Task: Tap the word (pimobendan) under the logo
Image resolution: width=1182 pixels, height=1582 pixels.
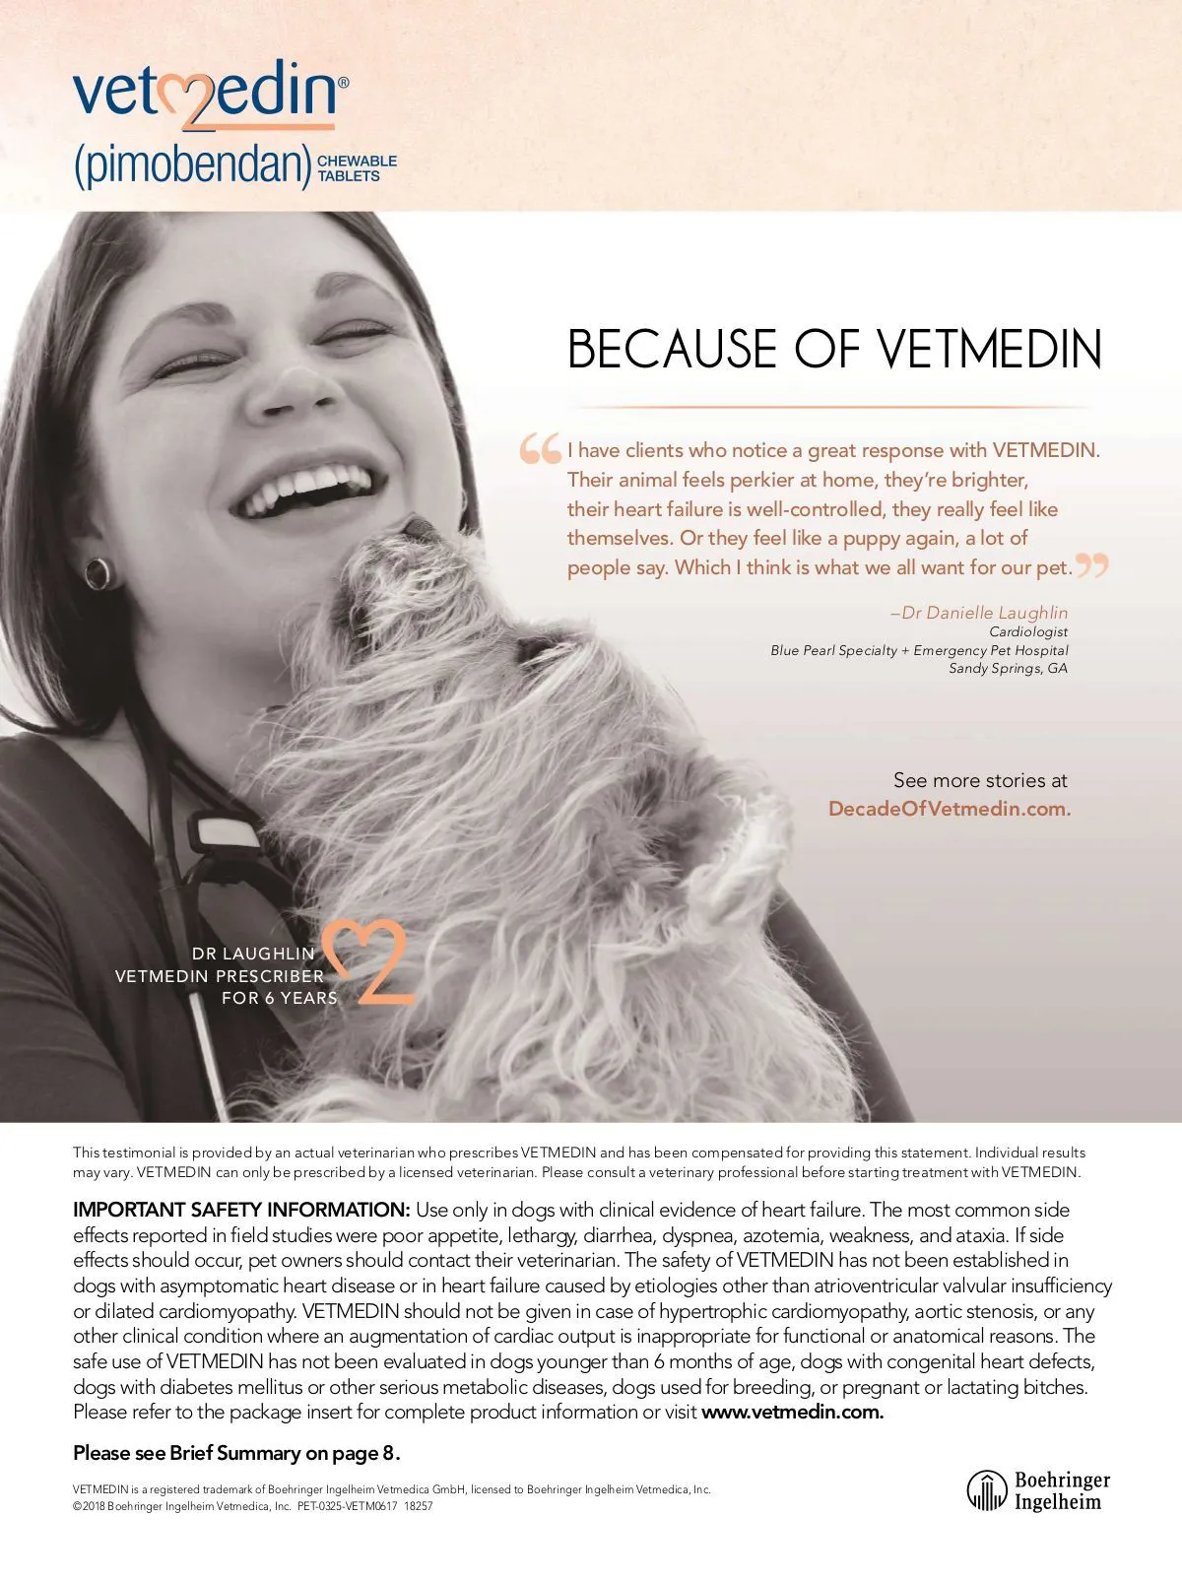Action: [193, 166]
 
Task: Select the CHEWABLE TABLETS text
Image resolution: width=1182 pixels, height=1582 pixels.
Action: [357, 167]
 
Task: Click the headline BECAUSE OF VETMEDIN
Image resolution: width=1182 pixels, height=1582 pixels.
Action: [834, 350]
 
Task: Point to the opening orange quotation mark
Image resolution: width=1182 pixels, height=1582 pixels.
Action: [540, 449]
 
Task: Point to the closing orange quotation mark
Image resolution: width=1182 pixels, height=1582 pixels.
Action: [1091, 565]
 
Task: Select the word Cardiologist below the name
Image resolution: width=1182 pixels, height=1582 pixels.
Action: [1028, 631]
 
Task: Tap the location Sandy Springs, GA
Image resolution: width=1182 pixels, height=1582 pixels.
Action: [1008, 668]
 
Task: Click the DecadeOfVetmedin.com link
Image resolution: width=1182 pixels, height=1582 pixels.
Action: [949, 809]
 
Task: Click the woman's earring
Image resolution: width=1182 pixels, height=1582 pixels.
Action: [98, 571]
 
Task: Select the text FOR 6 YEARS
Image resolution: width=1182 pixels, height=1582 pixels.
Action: [279, 998]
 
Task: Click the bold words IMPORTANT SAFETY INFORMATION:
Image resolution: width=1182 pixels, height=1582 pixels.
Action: [241, 1210]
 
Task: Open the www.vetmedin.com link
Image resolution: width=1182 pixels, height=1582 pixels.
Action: [792, 1412]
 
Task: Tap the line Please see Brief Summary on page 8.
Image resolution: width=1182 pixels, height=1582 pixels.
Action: [236, 1453]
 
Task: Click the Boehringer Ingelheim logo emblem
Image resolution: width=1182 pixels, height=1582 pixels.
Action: [986, 1490]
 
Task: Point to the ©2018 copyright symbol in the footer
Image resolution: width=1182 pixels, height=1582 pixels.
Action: [77, 1506]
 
